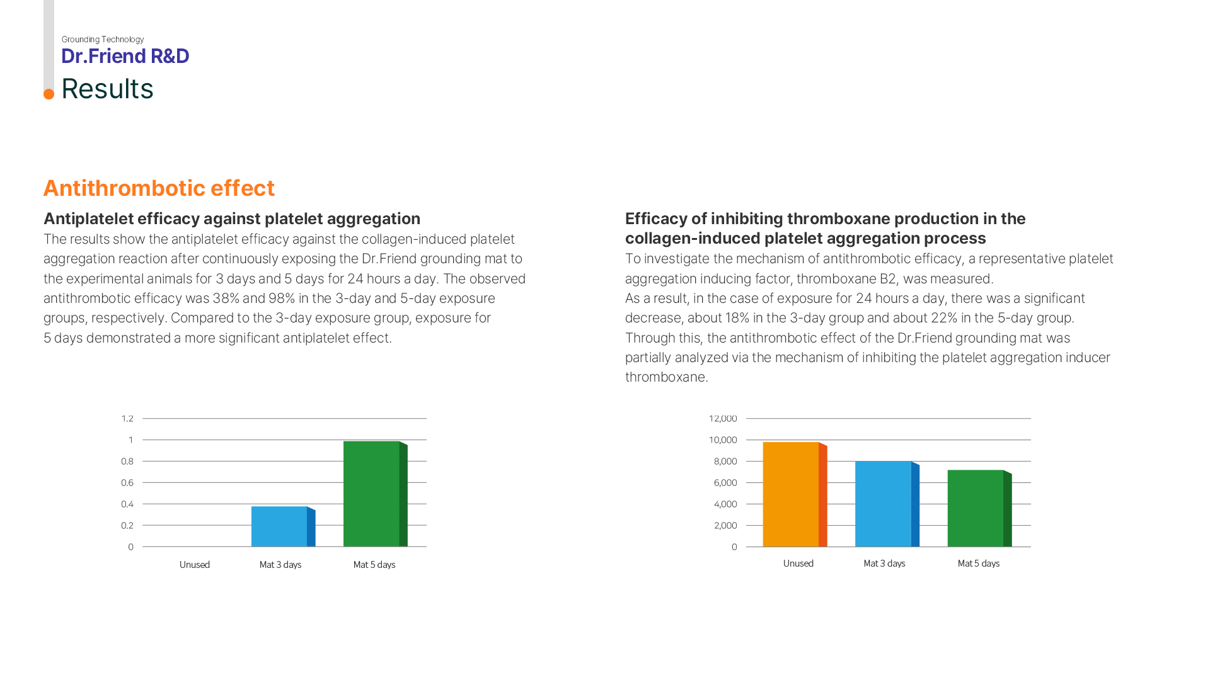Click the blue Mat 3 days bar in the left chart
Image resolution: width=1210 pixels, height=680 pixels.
[279, 526]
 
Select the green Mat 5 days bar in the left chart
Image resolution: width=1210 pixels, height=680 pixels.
[371, 494]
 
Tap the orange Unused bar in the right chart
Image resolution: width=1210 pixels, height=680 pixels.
[791, 494]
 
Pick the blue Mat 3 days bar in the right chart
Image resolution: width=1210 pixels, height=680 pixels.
[883, 504]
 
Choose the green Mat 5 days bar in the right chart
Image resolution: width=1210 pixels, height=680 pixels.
[976, 508]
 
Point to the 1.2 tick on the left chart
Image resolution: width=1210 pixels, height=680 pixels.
[127, 419]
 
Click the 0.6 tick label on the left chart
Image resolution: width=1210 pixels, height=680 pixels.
[127, 483]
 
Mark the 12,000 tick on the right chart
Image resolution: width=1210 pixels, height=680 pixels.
[723, 419]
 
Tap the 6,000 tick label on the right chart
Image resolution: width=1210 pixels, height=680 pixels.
[725, 483]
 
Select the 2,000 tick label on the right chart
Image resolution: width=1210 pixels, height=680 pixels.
[725, 526]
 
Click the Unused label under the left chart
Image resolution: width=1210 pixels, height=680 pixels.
[195, 565]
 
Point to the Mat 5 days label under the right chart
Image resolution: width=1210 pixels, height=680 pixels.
[978, 564]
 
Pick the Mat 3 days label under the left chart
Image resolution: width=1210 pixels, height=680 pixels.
[280, 565]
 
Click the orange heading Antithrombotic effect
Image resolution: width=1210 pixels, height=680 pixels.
[159, 188]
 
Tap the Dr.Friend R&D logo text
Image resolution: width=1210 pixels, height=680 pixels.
[125, 56]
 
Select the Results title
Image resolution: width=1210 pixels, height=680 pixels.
[107, 89]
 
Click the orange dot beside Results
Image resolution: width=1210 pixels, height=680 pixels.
[49, 94]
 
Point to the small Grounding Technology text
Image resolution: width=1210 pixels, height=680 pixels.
[103, 40]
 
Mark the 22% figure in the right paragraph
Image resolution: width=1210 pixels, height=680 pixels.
[944, 318]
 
